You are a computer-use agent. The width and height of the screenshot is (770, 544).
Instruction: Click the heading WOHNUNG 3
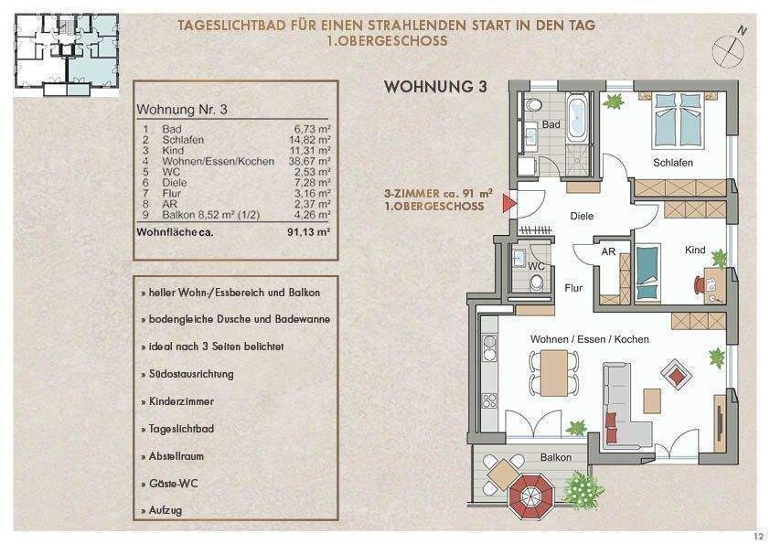(x=435, y=88)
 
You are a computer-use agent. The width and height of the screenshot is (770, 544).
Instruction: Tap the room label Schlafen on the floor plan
(x=672, y=163)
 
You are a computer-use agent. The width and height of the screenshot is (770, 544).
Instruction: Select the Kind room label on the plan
(x=695, y=250)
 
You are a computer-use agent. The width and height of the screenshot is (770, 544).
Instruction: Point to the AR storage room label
(x=607, y=252)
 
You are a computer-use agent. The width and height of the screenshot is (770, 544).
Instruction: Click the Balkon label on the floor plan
(x=555, y=457)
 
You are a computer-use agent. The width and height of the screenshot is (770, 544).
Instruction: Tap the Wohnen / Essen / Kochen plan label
(x=590, y=339)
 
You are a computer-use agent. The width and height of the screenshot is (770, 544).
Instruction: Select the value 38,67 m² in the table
(x=312, y=161)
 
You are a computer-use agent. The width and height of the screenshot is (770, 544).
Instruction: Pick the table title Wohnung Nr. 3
(x=181, y=109)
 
